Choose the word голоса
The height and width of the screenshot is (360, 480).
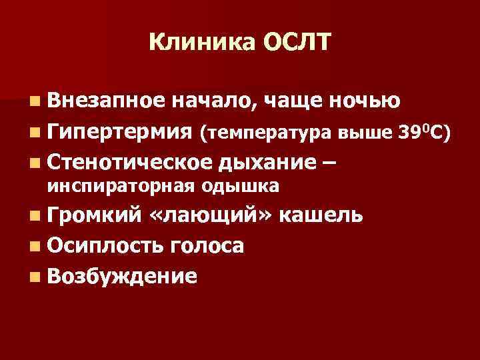pos(207,245)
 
